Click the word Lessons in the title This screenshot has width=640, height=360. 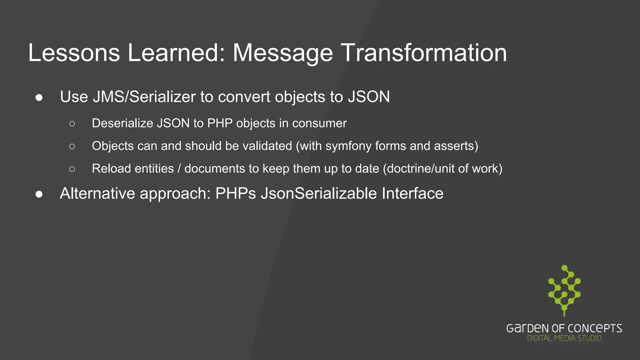coord(74,53)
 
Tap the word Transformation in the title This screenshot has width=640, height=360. coord(423,53)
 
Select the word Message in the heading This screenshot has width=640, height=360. coord(282,53)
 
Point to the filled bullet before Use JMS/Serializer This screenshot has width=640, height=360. coord(39,98)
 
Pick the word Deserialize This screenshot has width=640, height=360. coord(122,123)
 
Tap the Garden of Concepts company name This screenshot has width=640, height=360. coord(564,328)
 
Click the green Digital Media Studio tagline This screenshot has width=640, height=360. coord(564,338)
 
